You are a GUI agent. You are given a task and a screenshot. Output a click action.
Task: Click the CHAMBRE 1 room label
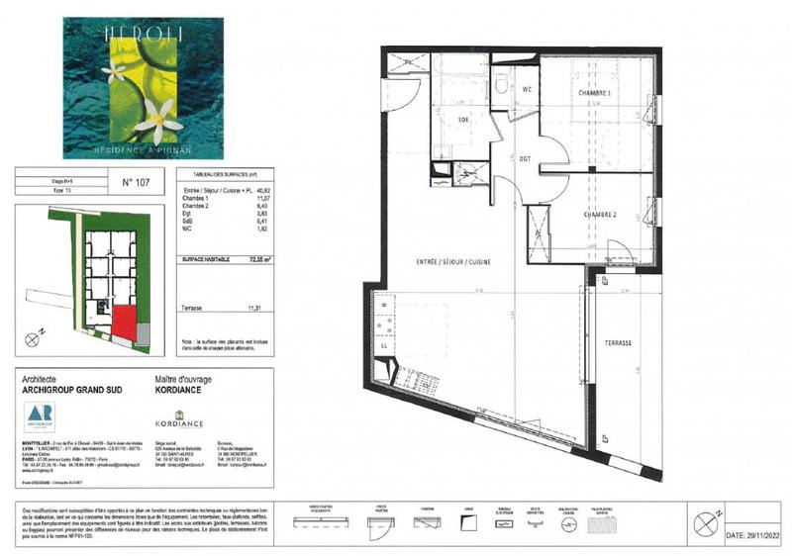[x=600, y=93]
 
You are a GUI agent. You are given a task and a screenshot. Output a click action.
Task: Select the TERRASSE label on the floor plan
[x=619, y=341]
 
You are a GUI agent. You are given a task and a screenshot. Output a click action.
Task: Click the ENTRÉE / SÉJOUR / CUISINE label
[x=453, y=261]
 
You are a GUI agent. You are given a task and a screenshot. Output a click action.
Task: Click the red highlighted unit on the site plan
[x=125, y=320]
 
